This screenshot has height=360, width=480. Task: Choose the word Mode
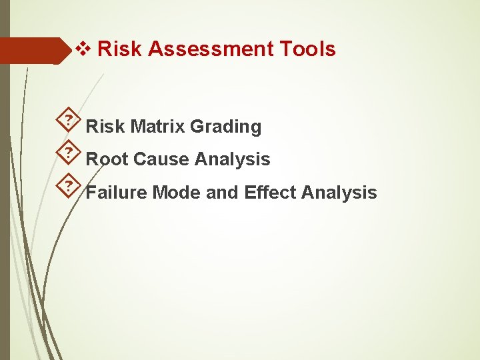point(177,193)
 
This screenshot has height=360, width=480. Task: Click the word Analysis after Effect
point(339,193)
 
